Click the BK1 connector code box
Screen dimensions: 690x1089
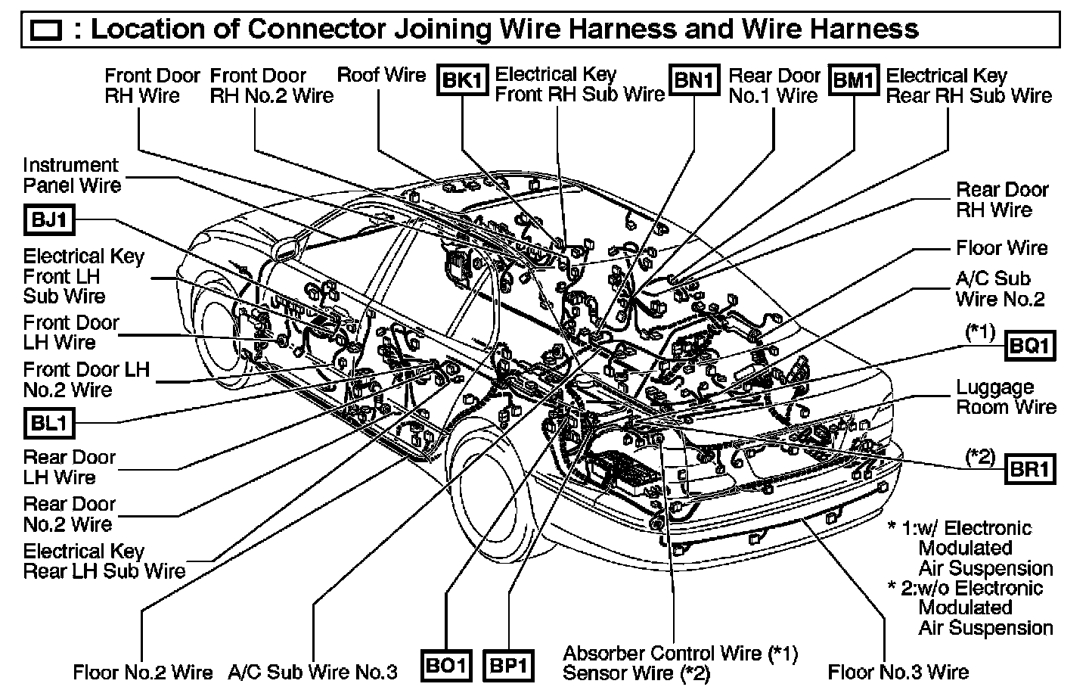click(x=461, y=79)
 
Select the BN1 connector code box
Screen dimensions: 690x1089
click(x=693, y=79)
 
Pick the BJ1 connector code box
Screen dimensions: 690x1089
click(x=49, y=219)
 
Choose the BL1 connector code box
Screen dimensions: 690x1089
click(x=49, y=422)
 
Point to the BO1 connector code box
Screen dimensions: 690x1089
click(x=446, y=665)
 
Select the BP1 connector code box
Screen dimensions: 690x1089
click(x=508, y=665)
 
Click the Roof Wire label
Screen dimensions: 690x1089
click(x=381, y=75)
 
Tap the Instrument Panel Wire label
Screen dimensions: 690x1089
click(x=71, y=175)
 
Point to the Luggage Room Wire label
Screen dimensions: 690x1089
click(x=1006, y=397)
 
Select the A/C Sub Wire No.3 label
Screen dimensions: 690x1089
click(x=312, y=671)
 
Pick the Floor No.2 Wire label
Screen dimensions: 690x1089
click(x=143, y=671)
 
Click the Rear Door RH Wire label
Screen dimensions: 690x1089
click(x=1002, y=200)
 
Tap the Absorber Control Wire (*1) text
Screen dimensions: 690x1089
click(x=680, y=652)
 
